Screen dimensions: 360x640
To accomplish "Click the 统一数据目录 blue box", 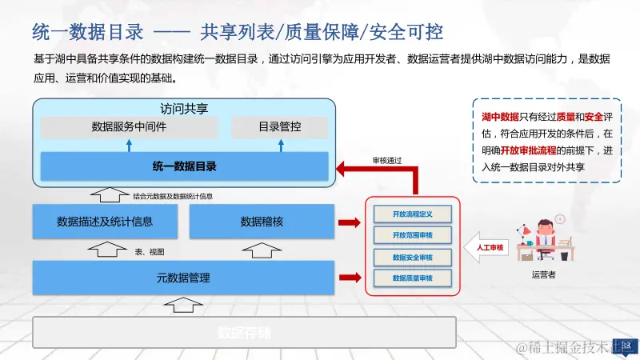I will tap(184, 166).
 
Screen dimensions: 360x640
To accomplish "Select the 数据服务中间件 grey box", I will tap(129, 126).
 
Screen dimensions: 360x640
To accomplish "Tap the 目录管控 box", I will tap(279, 126).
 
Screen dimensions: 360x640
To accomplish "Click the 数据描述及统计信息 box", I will tap(104, 222).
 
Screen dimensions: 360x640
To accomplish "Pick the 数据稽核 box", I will tap(262, 222).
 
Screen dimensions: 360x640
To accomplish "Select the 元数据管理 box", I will tap(183, 278).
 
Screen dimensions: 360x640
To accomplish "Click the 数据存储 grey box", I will tap(244, 332).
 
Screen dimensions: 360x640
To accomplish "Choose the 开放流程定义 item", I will tap(413, 214).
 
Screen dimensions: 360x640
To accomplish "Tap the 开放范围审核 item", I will tap(413, 236).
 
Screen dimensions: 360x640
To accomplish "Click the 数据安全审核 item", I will tap(413, 258).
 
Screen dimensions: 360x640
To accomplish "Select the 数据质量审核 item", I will tap(413, 278).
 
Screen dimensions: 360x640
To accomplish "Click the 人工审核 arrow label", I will tap(489, 247).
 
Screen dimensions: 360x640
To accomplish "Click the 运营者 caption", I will tap(543, 275).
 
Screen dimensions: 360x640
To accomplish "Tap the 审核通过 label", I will tap(387, 159).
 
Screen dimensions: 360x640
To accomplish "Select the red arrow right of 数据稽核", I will tap(350, 222).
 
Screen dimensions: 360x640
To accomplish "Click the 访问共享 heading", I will tap(184, 107).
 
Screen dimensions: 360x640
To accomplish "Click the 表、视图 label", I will tap(150, 251).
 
